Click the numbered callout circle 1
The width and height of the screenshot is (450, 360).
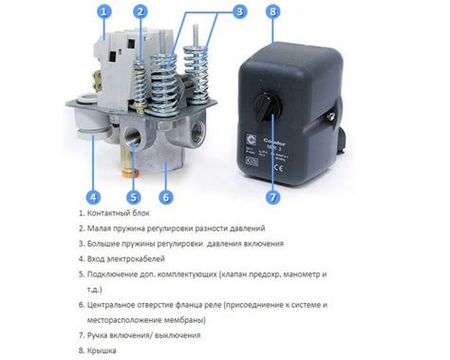105,12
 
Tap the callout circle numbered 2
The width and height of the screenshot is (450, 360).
141,12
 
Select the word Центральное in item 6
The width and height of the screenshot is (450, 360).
119,306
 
